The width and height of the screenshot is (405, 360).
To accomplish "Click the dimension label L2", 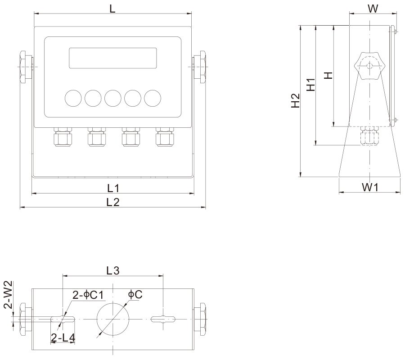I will tap(112, 202).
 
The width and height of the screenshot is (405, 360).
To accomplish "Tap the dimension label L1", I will tap(113, 188).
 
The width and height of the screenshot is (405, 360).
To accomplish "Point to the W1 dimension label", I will tap(369, 187).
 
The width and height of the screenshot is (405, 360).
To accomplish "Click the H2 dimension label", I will tap(295, 100).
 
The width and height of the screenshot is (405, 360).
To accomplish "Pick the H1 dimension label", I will tap(310, 85).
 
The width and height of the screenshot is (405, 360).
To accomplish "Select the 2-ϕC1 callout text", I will tap(88, 295).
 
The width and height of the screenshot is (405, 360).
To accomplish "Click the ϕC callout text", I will tap(135, 294).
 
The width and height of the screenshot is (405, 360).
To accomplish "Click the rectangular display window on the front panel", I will tap(112, 58).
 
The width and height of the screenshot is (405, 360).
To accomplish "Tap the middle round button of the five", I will tap(112, 97).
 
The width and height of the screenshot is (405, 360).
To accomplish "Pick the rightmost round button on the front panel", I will tap(153, 97).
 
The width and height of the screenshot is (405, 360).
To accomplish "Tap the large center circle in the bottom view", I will tap(113, 319).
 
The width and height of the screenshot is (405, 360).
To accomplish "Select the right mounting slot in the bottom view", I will tap(163, 319).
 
